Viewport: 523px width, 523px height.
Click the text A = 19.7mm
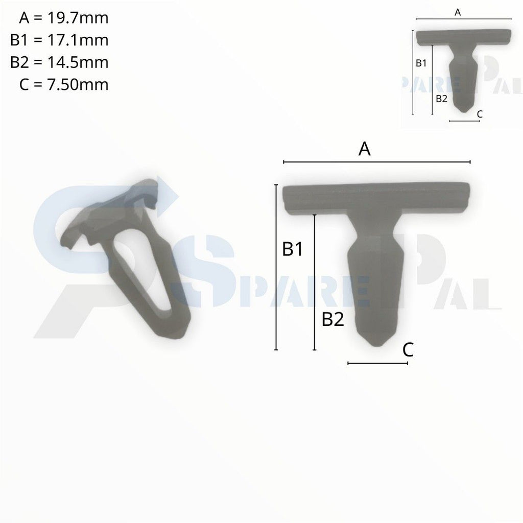tap(63, 18)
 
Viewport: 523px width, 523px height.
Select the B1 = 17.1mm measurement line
tap(59, 40)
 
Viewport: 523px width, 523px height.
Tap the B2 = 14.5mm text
tap(59, 62)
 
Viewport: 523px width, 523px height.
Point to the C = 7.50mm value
tap(63, 84)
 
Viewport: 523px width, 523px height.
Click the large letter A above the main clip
tap(364, 149)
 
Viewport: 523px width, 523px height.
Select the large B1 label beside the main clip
tap(293, 249)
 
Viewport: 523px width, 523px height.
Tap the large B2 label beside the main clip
tap(332, 320)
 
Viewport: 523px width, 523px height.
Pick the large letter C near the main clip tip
tap(408, 350)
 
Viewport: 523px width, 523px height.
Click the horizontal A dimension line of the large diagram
tap(376, 162)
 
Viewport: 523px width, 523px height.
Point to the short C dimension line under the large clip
tap(377, 364)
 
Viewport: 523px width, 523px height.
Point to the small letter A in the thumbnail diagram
tap(458, 13)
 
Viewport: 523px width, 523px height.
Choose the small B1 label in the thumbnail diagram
tap(421, 63)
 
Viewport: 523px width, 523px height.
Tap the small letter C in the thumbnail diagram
tap(479, 114)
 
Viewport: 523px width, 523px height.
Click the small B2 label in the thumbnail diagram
tap(441, 99)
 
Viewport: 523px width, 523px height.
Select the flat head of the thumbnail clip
tap(463, 36)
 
